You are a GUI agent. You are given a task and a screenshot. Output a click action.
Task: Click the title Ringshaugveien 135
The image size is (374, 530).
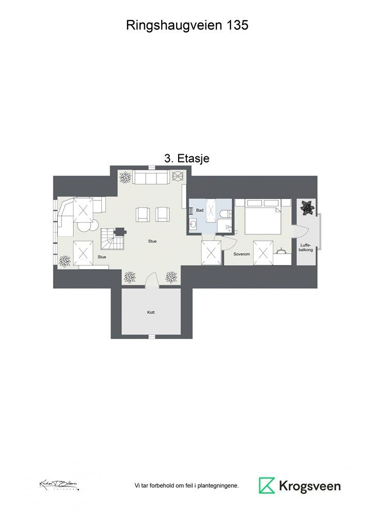(x=187, y=25)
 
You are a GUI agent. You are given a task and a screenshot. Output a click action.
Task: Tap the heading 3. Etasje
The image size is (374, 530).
(x=186, y=159)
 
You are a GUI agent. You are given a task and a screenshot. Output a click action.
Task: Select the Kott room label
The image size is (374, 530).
(x=151, y=312)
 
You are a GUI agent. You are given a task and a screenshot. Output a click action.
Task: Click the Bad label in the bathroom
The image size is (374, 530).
(x=200, y=211)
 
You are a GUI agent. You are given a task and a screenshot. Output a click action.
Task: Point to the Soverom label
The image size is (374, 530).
(x=242, y=254)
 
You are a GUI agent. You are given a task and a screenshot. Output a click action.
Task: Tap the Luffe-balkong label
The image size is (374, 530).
(x=305, y=246)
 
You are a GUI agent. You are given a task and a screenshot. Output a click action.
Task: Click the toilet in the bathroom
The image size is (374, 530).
(x=225, y=214)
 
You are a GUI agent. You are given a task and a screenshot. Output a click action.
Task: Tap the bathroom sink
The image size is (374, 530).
(x=193, y=225)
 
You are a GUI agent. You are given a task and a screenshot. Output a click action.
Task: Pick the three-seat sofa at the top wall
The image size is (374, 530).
(x=150, y=178)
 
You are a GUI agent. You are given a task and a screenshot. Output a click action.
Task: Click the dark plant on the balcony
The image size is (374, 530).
(x=307, y=208)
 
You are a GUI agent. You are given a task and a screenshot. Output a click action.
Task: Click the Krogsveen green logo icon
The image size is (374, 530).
(x=267, y=485)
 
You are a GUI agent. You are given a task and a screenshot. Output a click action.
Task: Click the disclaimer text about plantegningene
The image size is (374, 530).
(x=186, y=486)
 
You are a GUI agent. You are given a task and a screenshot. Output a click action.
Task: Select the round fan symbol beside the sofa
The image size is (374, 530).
(x=178, y=178)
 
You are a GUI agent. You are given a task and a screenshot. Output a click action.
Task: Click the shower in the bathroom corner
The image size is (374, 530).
(x=225, y=227)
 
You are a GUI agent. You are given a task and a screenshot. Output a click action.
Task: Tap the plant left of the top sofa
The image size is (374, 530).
(x=126, y=178)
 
